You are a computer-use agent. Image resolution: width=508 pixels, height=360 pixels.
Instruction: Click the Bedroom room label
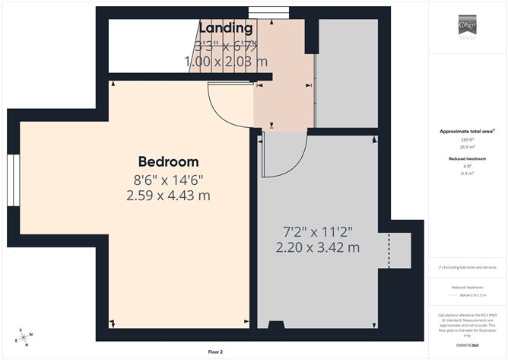(x=168, y=161)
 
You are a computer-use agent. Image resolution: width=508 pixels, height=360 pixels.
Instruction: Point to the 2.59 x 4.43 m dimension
(x=168, y=196)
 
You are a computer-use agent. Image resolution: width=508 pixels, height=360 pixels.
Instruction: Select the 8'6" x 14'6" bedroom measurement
(x=168, y=180)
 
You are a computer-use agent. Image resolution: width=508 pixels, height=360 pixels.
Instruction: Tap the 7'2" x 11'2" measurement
(x=318, y=231)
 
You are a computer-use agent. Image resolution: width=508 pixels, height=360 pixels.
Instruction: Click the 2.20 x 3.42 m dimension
(x=318, y=247)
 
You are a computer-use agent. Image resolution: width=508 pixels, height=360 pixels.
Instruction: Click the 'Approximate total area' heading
(x=466, y=132)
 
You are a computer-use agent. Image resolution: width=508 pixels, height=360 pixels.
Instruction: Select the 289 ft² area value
(x=466, y=140)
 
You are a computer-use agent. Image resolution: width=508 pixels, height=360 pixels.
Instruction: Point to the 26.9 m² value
(x=466, y=148)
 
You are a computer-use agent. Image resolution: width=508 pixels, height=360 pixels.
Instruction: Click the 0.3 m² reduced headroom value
(x=466, y=174)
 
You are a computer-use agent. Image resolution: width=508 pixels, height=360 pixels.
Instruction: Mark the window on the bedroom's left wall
(x=14, y=181)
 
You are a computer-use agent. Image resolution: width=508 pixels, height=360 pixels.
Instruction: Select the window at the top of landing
(x=263, y=11)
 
